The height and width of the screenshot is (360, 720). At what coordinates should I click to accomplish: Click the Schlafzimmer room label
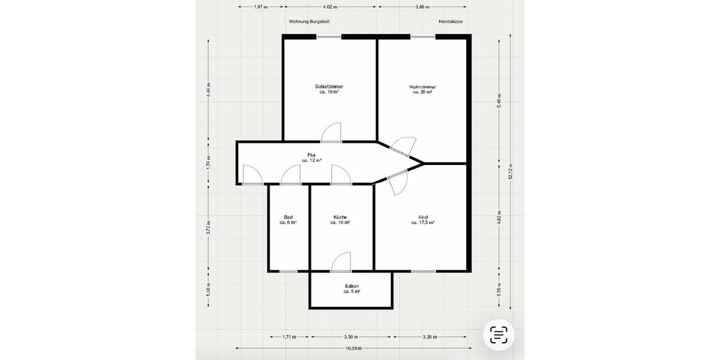click(x=329, y=89)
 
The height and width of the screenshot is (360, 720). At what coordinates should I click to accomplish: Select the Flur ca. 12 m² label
click(x=311, y=158)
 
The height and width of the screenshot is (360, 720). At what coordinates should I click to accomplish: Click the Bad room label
click(x=288, y=220)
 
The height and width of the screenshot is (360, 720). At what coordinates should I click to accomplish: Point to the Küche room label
click(x=340, y=220)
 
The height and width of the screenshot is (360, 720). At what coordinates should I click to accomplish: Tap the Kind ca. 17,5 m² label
click(x=423, y=220)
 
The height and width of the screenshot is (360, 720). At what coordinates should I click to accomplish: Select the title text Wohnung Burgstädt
click(x=309, y=21)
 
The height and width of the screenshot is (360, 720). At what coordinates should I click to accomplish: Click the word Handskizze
click(x=450, y=21)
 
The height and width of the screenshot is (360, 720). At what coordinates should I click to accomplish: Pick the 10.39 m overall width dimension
click(x=353, y=348)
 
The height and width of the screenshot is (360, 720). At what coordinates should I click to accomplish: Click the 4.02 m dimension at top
click(x=329, y=7)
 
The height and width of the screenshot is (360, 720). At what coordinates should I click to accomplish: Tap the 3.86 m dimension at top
click(x=422, y=7)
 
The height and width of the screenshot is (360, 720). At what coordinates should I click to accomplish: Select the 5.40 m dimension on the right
click(x=499, y=100)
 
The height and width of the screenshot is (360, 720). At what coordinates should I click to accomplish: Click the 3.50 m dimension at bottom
click(x=351, y=337)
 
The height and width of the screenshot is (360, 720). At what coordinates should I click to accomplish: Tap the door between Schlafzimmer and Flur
click(x=331, y=134)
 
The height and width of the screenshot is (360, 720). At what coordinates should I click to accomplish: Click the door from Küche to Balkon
click(x=341, y=262)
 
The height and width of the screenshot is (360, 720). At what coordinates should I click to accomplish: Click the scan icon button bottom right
click(x=499, y=335)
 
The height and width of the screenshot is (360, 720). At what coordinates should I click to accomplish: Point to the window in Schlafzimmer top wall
click(x=329, y=37)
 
